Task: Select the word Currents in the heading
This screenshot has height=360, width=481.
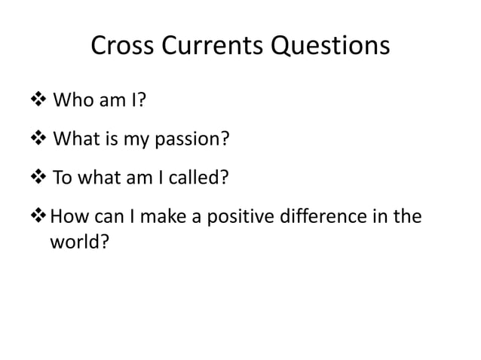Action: coord(204,47)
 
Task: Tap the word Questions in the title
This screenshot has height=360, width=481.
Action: coord(329,47)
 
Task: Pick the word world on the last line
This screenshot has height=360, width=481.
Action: coord(74,244)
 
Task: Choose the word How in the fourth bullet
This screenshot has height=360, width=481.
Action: coord(66,218)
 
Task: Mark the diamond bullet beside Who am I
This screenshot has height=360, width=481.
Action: coord(38,101)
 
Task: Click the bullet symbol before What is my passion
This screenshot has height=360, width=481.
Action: coord(38,140)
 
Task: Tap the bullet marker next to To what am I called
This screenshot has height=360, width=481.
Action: coord(38,179)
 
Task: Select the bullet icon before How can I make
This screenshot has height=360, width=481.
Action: coord(38,218)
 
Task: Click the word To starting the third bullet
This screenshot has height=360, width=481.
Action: coord(61,179)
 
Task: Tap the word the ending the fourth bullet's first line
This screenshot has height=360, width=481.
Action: coord(407,218)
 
